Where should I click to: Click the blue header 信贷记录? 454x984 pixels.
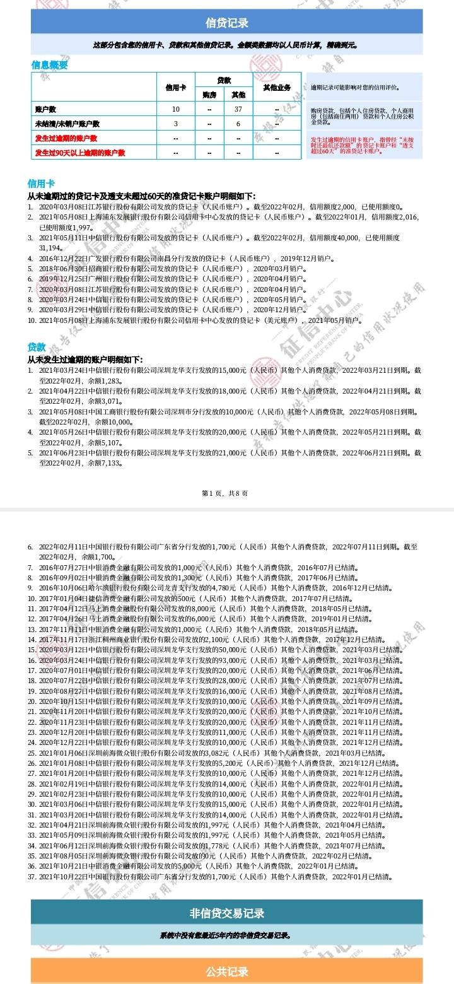point(227,23)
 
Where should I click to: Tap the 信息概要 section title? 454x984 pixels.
point(49,65)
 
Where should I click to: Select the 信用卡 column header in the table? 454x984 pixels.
point(176,87)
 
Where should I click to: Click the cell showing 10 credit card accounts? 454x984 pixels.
point(176,110)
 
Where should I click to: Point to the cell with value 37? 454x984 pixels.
point(238,110)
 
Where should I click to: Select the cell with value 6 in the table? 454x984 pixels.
point(238,124)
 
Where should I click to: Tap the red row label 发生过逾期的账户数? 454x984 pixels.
point(66,138)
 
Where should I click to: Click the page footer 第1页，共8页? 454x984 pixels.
point(224,493)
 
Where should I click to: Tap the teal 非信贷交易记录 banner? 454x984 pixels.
point(227,913)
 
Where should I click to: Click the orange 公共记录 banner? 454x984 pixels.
point(227,971)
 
